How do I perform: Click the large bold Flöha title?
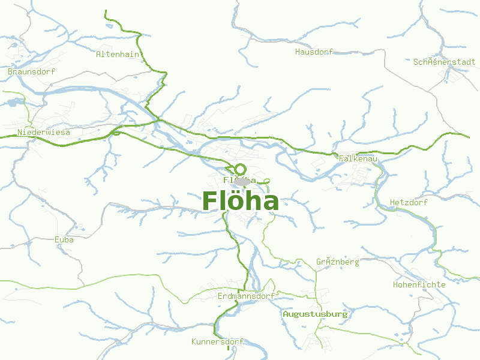(x=240, y=202)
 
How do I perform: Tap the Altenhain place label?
(x=118, y=54)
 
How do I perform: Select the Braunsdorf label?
(x=31, y=71)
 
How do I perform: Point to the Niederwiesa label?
(x=44, y=132)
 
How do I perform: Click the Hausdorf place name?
(x=314, y=52)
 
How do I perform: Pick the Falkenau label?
(x=358, y=158)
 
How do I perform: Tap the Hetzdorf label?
(x=409, y=202)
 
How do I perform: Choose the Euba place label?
(x=64, y=239)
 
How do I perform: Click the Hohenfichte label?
(x=419, y=284)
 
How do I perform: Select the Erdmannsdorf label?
(x=246, y=296)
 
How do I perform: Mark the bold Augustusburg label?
(x=315, y=314)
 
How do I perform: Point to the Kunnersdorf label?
(x=217, y=342)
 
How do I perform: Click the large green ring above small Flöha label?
(x=241, y=169)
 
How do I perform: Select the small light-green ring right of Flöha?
(x=267, y=181)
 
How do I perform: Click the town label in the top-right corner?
(x=444, y=62)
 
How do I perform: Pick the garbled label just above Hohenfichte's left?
(x=337, y=262)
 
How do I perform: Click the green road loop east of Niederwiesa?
(x=115, y=133)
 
